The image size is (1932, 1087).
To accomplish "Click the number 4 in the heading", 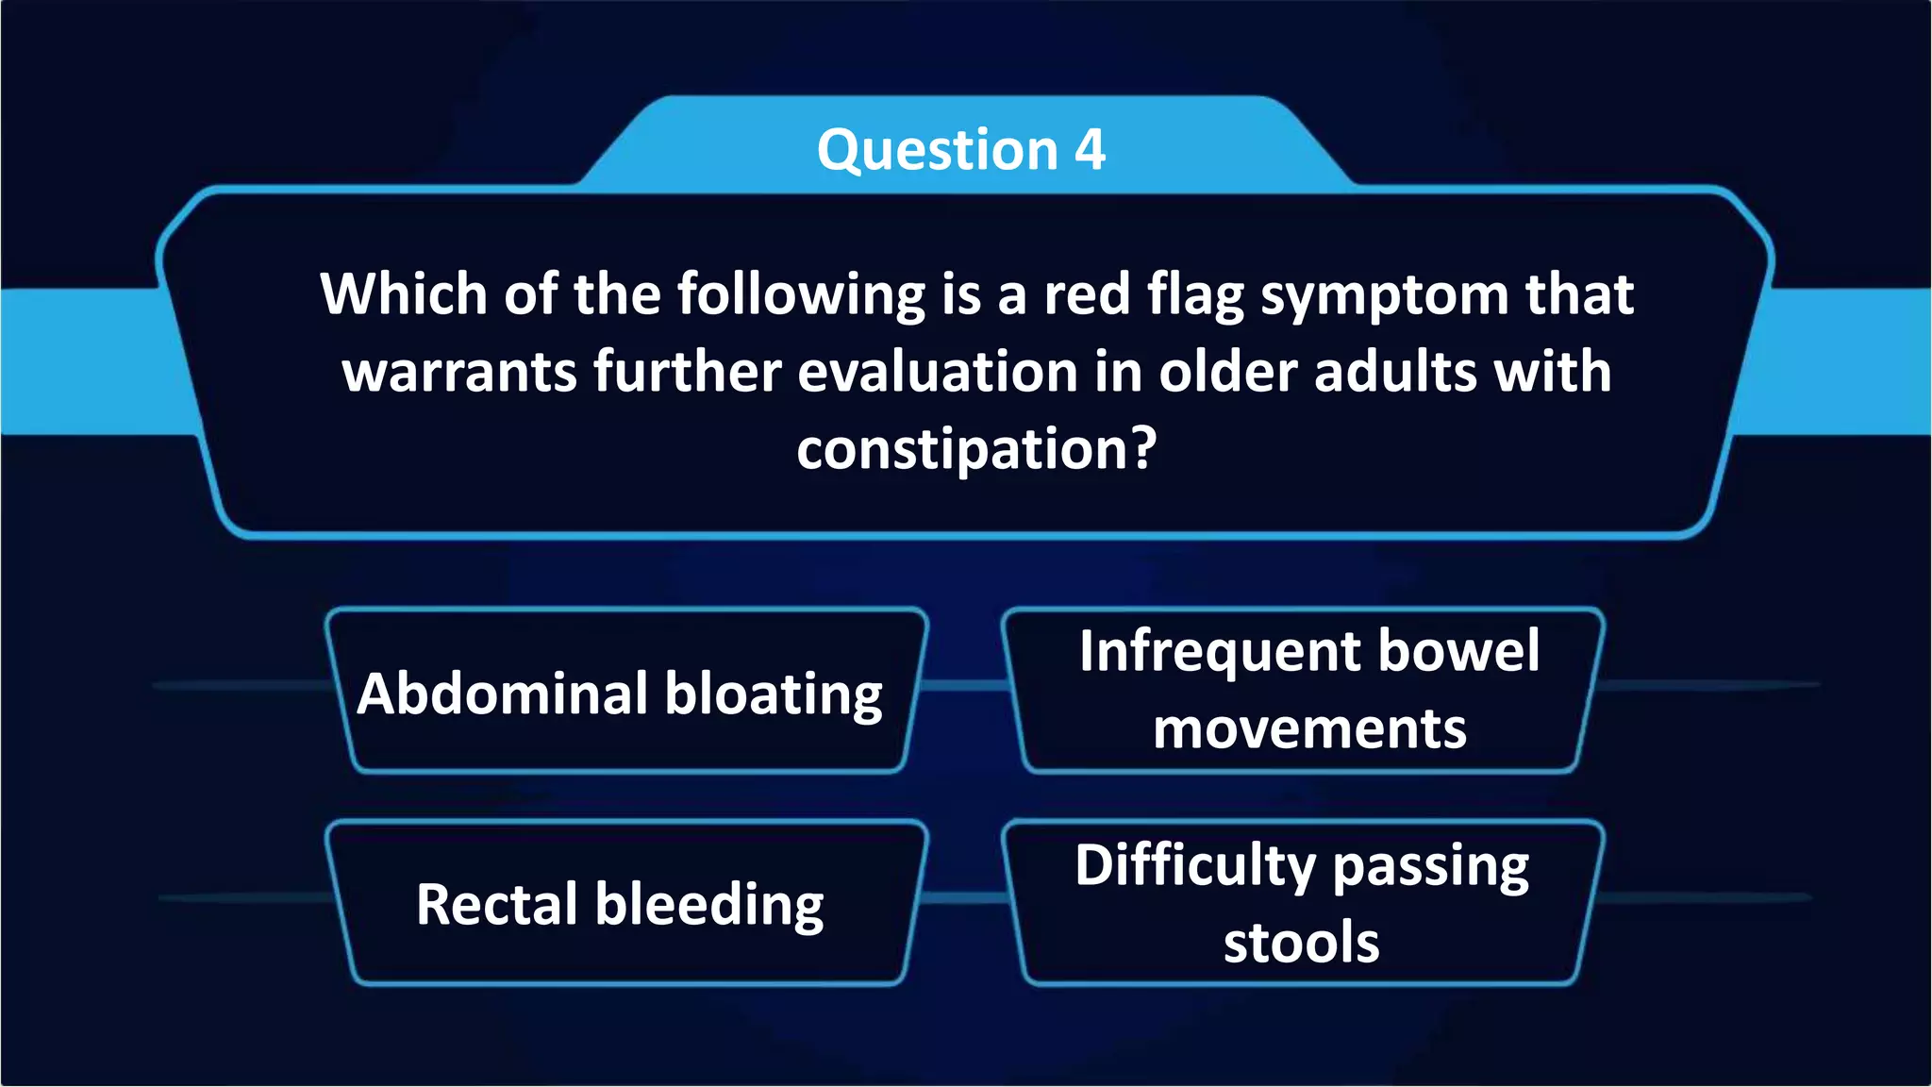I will pos(1090,150).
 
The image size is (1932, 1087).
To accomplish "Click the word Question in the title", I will pos(937,150).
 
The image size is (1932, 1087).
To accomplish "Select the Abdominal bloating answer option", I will pos(620,694).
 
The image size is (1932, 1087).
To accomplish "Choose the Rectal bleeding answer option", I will pos(620,904).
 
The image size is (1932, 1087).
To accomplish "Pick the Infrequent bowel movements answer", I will pos(1309,690).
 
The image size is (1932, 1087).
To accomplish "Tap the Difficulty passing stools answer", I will pos(1302,903).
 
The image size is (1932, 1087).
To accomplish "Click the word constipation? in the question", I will pos(975,449).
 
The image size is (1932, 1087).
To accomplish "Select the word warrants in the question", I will pos(459,372).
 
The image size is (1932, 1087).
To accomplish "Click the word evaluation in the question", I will pos(938,372).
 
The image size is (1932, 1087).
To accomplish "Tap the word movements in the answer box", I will pos(1309,729).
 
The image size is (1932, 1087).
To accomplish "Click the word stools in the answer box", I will pos(1301,943).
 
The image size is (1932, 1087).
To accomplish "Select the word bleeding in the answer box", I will pos(709,906).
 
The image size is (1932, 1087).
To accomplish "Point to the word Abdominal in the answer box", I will pos(503,694).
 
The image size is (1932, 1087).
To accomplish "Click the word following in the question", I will pos(802,295).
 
